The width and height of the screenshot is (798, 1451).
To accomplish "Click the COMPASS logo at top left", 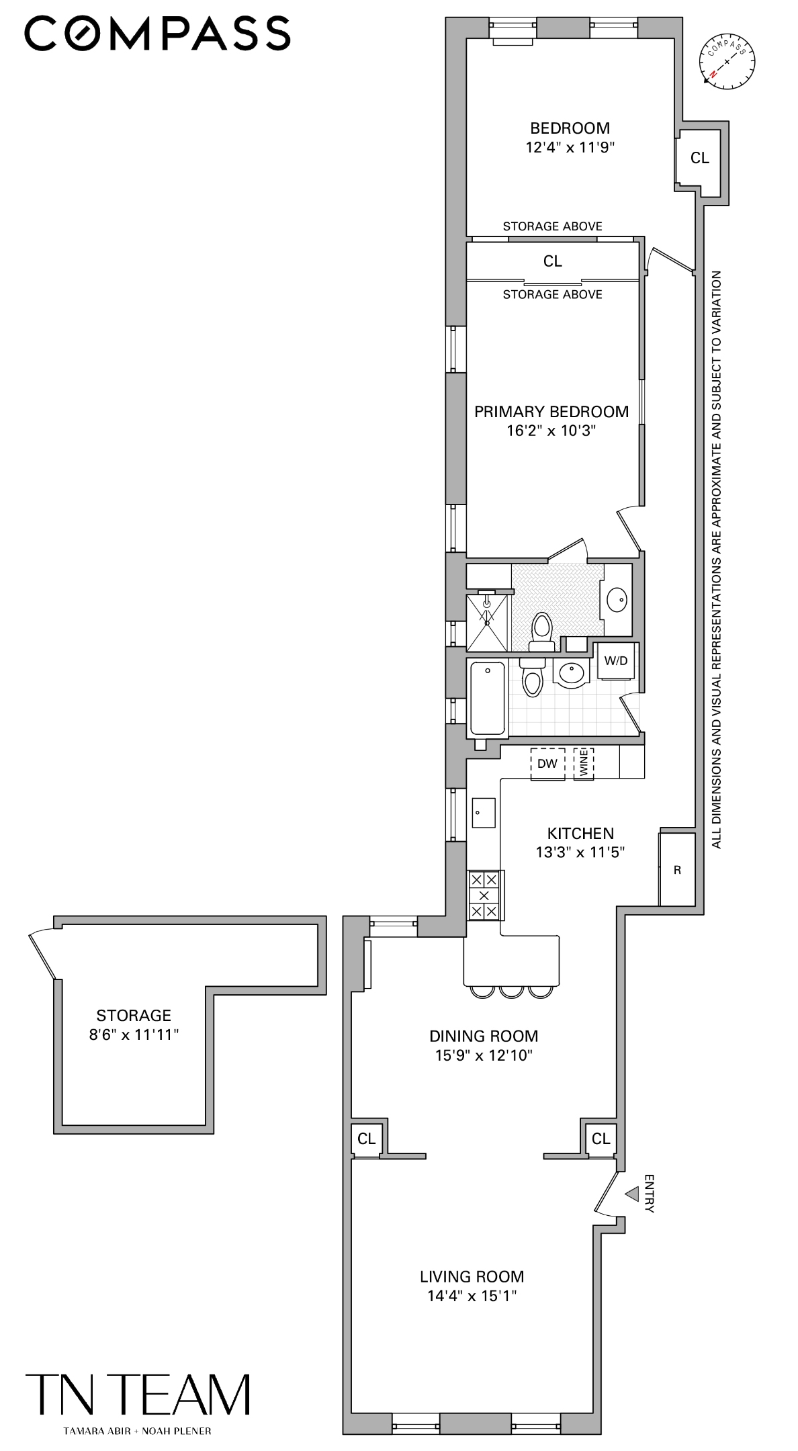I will (x=157, y=34).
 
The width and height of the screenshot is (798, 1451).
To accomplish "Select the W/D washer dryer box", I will (x=615, y=660).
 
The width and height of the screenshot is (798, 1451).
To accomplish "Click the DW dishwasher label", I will (x=547, y=764).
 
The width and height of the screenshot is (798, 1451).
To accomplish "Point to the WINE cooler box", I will (x=583, y=764).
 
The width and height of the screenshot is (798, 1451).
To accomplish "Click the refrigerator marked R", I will (x=677, y=870).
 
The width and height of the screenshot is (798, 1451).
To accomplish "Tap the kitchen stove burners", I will (x=484, y=895).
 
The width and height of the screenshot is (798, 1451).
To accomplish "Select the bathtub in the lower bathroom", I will (x=487, y=699).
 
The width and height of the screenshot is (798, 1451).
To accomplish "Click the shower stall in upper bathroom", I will (x=487, y=622).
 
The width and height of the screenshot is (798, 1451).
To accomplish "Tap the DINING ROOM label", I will (x=484, y=1036).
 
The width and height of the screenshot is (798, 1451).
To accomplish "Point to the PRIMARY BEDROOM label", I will (x=551, y=412).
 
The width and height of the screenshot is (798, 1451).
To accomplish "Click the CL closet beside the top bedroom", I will (x=699, y=158).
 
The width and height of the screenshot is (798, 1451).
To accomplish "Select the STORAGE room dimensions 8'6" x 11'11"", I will (x=134, y=1035).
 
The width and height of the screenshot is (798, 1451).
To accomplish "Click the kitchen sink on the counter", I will (x=484, y=813).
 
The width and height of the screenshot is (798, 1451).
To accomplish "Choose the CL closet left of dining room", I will (x=366, y=1139).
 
